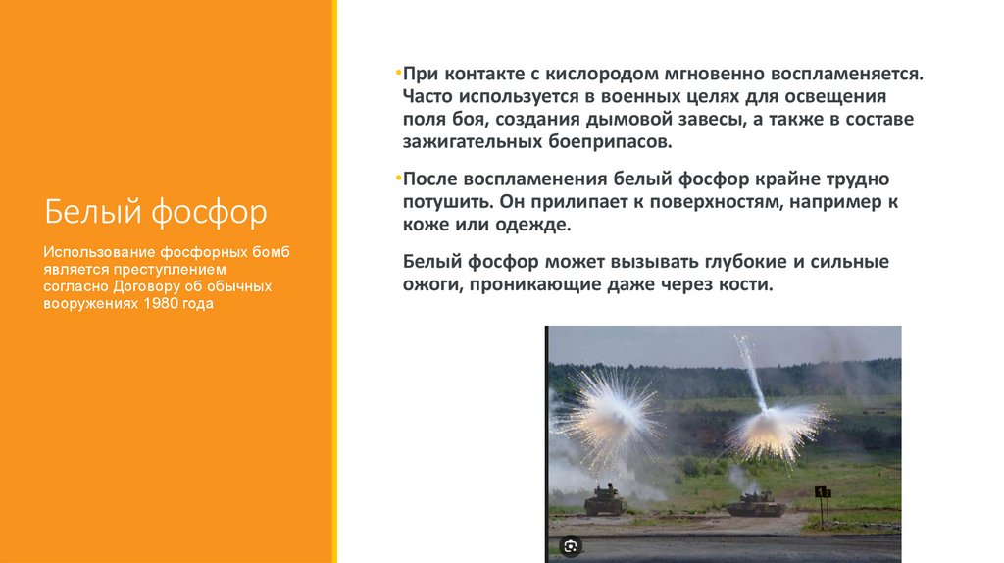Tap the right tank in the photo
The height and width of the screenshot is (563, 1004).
[x=755, y=505]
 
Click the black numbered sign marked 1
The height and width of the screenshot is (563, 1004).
[x=821, y=491]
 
